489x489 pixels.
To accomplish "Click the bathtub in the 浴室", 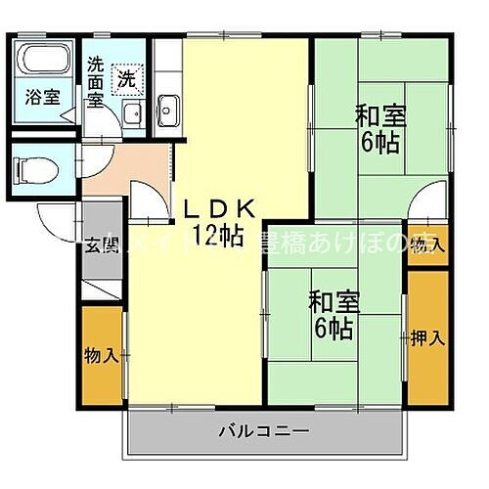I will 42,62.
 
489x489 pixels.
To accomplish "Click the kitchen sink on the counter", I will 168,111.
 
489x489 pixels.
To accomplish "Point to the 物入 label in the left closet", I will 102,353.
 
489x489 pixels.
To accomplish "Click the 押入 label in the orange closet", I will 426,339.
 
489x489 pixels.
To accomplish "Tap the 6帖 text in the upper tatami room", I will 378,144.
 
